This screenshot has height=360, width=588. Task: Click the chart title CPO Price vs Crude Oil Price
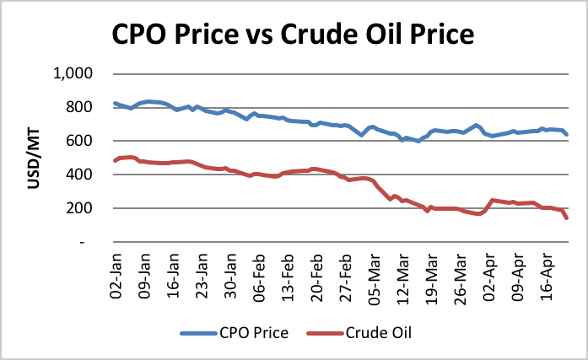(293, 36)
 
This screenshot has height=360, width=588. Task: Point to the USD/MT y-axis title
(35, 158)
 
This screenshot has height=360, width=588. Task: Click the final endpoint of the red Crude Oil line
(567, 218)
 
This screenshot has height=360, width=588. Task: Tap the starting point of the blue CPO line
(114, 103)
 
